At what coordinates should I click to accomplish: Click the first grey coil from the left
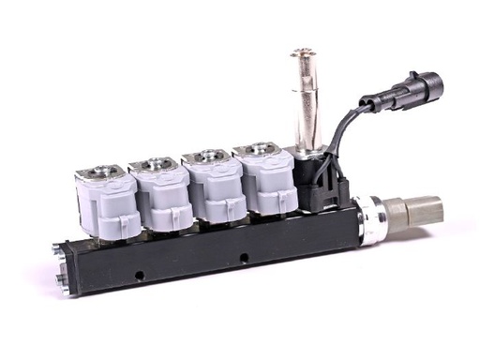[x=107, y=202]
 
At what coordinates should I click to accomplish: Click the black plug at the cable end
[x=413, y=88]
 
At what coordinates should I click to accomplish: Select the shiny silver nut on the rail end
[x=370, y=221]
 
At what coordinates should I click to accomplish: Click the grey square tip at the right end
[x=425, y=210]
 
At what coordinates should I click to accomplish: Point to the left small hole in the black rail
[x=138, y=275]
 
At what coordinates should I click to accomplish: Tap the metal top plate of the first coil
[x=100, y=172]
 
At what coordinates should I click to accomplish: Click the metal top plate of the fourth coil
[x=257, y=149]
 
